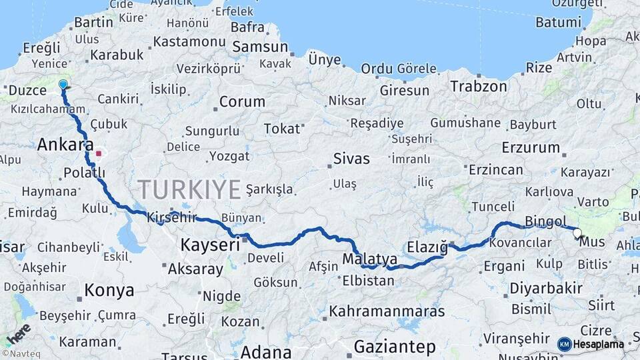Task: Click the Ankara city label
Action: (x=65, y=145)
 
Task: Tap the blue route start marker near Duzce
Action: (x=63, y=85)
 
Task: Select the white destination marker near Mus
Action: (x=577, y=233)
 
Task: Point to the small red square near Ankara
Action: (x=99, y=153)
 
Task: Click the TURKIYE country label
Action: (x=189, y=189)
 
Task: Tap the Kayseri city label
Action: (x=209, y=245)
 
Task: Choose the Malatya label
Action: (x=370, y=259)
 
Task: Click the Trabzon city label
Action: (x=478, y=86)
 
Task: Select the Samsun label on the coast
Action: (x=260, y=47)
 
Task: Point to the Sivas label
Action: (x=351, y=159)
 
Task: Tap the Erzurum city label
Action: (x=531, y=147)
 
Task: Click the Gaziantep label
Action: (x=395, y=347)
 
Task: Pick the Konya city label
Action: (x=109, y=291)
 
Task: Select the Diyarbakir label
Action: (x=546, y=289)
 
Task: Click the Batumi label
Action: (x=559, y=22)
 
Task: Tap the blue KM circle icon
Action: (x=565, y=344)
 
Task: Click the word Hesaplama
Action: (x=599, y=344)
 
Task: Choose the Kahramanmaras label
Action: (x=387, y=311)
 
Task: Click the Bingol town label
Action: (x=545, y=221)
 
